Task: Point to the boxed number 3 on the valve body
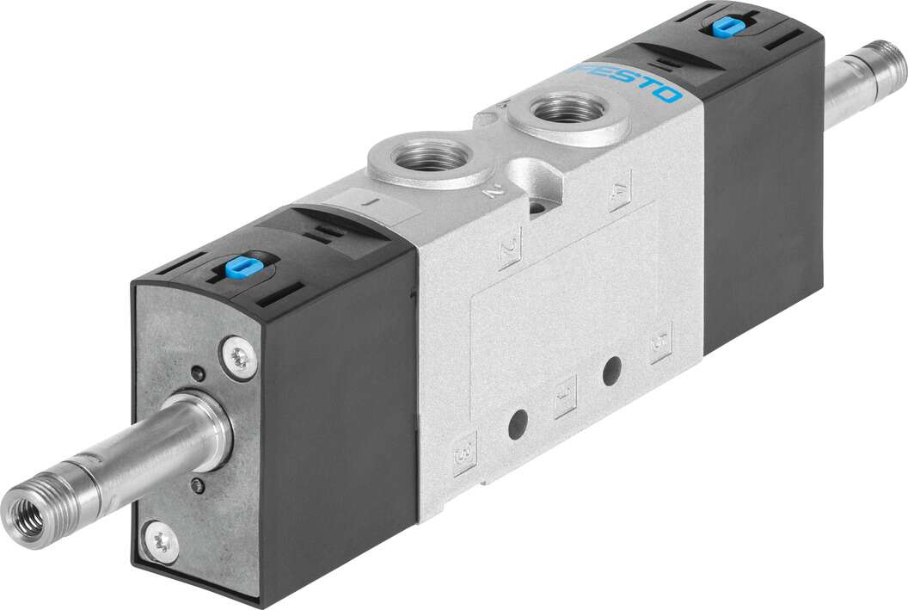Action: click(464, 450)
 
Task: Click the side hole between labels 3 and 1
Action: click(517, 424)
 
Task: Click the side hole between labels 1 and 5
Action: click(611, 372)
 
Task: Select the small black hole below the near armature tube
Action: click(200, 486)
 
